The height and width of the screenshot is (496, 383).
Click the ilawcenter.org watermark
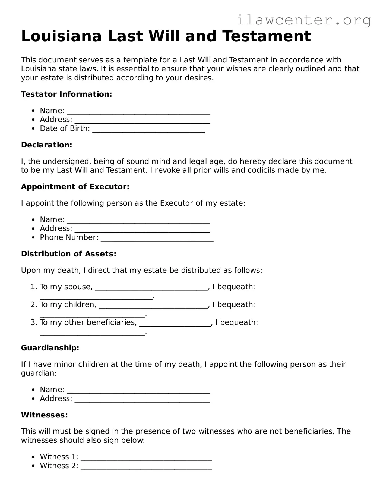click(303, 20)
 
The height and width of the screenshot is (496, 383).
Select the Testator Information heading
click(67, 94)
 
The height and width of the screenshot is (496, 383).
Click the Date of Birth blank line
click(148, 131)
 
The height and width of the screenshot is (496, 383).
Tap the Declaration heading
click(47, 145)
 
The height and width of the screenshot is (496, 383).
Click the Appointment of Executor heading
click(75, 187)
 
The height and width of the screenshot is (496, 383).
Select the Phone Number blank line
click(157, 240)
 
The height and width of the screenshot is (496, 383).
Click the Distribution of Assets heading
click(69, 254)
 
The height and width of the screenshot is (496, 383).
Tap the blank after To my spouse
click(151, 289)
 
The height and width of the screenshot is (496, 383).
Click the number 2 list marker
click(34, 305)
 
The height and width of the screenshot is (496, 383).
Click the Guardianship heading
click(50, 348)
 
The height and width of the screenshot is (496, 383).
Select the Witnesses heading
click(45, 415)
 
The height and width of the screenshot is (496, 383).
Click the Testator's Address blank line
click(142, 122)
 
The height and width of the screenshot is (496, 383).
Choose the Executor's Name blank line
click(138, 222)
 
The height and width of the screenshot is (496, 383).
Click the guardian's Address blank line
click(142, 401)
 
